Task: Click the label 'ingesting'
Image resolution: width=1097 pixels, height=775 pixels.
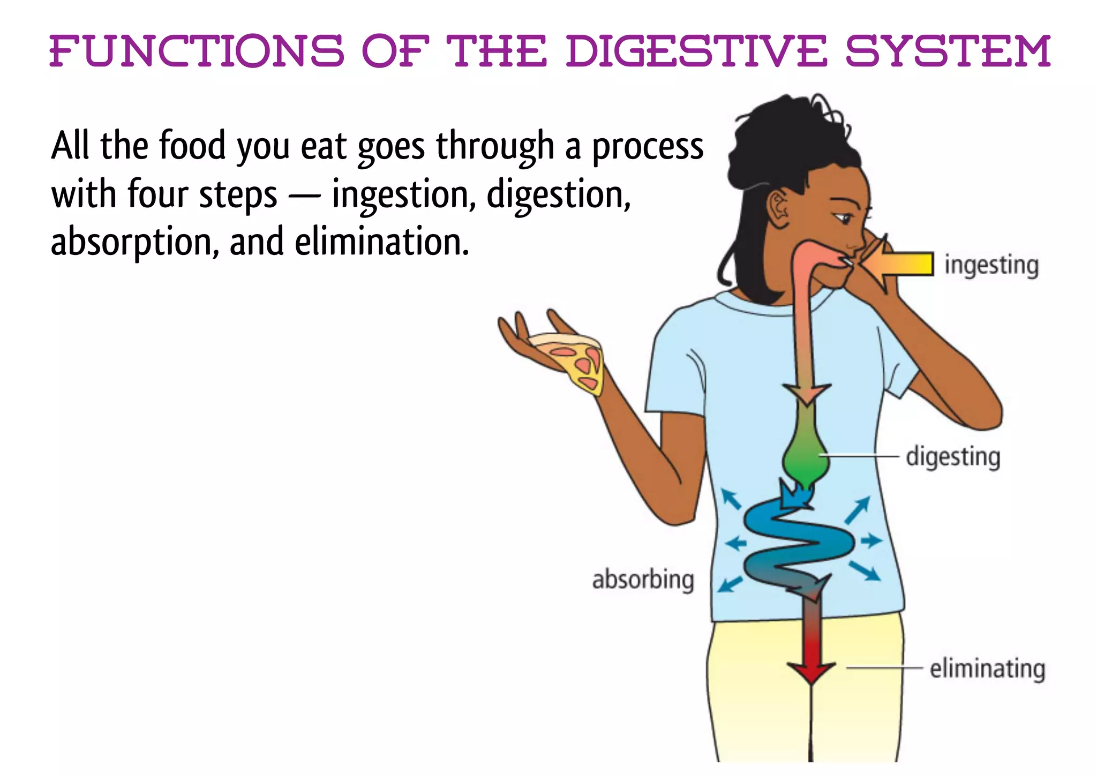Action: (991, 266)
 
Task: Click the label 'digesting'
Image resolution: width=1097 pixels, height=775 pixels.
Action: (953, 457)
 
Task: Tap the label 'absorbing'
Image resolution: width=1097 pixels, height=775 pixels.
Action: (643, 580)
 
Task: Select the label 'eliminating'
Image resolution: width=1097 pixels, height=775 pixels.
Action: (987, 669)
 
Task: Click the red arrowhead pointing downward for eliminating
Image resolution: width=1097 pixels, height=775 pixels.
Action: (811, 671)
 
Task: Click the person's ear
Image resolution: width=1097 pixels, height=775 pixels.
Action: (779, 209)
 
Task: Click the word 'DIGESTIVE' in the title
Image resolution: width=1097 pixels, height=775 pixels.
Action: (696, 52)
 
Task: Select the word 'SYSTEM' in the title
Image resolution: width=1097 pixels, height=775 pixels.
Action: (948, 52)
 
